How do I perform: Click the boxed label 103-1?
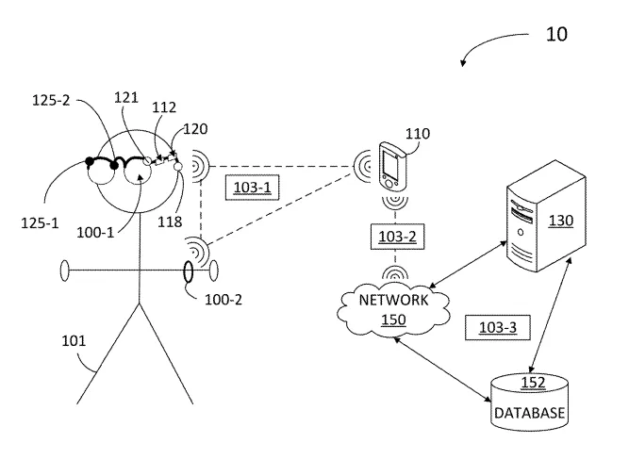pyautogui.click(x=252, y=188)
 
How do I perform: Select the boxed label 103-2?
pyautogui.click(x=397, y=237)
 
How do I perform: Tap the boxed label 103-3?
pyautogui.click(x=498, y=328)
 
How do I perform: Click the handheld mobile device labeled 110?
pyautogui.click(x=392, y=166)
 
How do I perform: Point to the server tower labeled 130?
pyautogui.click(x=546, y=217)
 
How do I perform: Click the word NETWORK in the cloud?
pyautogui.click(x=393, y=300)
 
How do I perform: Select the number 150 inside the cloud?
pyautogui.click(x=393, y=320)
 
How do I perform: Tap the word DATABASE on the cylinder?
pyautogui.click(x=530, y=413)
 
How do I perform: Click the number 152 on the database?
pyautogui.click(x=533, y=383)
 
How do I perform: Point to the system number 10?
pyautogui.click(x=556, y=35)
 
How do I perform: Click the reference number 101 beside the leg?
pyautogui.click(x=74, y=341)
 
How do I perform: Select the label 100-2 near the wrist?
pyautogui.click(x=223, y=300)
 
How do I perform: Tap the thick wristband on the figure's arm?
pyautogui.click(x=188, y=271)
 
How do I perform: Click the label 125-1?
pyautogui.click(x=40, y=223)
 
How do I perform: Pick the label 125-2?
pyautogui.click(x=51, y=100)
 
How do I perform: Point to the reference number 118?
pyautogui.click(x=170, y=222)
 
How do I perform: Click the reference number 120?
pyautogui.click(x=195, y=129)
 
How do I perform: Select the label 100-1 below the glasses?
pyautogui.click(x=95, y=233)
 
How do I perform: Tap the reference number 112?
pyautogui.click(x=164, y=107)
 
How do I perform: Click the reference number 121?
pyautogui.click(x=126, y=97)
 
